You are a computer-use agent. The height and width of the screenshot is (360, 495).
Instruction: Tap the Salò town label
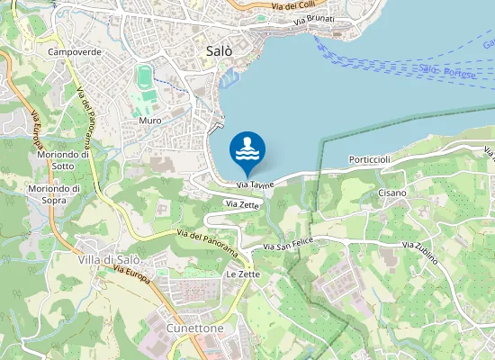(x=213, y=51)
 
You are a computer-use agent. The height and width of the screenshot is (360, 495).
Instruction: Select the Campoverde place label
(x=75, y=53)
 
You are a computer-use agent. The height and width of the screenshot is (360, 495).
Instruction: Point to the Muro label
(x=150, y=120)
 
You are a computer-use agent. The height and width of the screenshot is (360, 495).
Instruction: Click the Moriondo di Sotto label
(x=64, y=160)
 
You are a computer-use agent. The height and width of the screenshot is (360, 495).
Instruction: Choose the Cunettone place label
(x=195, y=328)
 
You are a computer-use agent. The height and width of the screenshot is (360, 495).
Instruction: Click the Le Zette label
(x=243, y=274)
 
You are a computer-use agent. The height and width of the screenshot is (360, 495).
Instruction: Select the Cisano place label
(x=392, y=193)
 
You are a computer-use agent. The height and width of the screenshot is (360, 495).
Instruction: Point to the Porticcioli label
(x=370, y=159)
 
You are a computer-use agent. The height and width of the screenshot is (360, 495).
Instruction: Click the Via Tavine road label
(x=256, y=184)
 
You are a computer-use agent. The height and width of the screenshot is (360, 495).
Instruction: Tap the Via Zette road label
(x=244, y=205)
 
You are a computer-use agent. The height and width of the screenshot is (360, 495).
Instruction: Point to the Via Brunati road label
(x=313, y=20)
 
